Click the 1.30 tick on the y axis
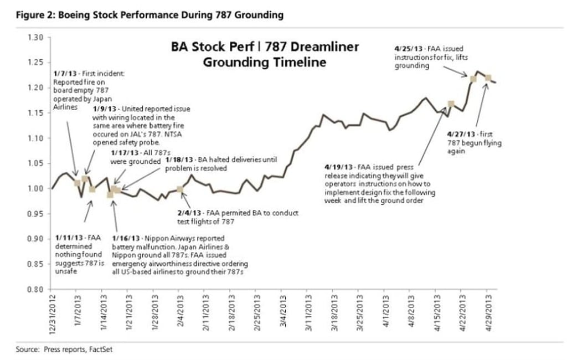click(x=35, y=37)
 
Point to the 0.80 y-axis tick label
click(x=35, y=289)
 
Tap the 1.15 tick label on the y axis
click(x=35, y=113)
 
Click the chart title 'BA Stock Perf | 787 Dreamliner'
click(x=265, y=47)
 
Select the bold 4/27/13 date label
click(x=458, y=134)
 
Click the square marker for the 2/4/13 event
click(x=179, y=189)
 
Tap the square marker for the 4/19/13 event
click(x=451, y=104)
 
